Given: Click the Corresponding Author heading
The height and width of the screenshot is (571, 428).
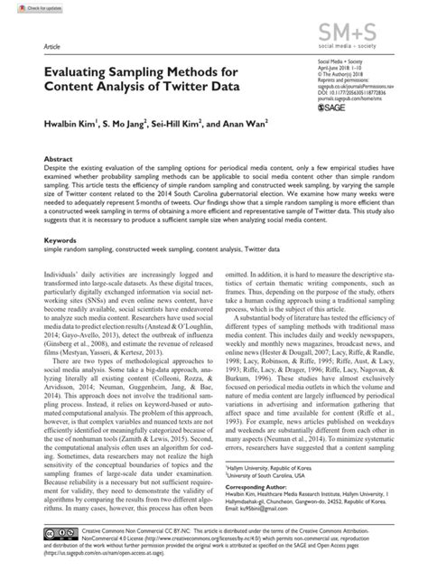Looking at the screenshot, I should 264,485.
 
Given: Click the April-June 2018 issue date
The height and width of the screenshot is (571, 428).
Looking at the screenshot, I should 344,61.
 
